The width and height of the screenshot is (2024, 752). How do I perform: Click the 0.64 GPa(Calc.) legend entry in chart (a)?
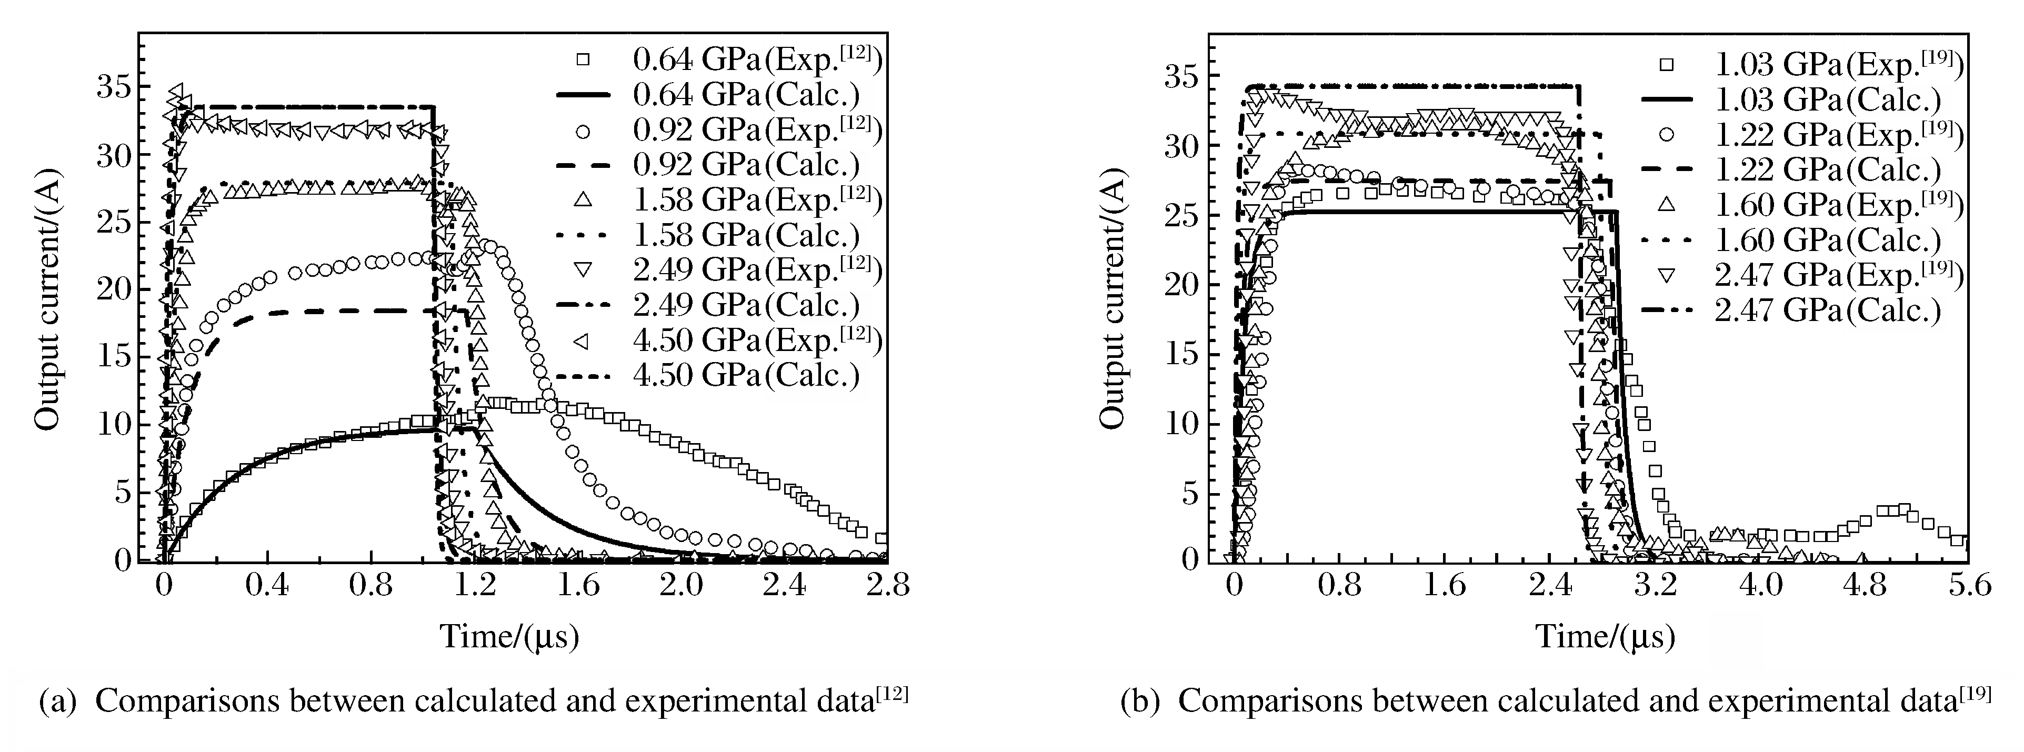746,95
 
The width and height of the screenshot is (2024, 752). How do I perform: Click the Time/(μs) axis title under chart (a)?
509,636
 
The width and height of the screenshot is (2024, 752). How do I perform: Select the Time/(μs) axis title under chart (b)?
1605,636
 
